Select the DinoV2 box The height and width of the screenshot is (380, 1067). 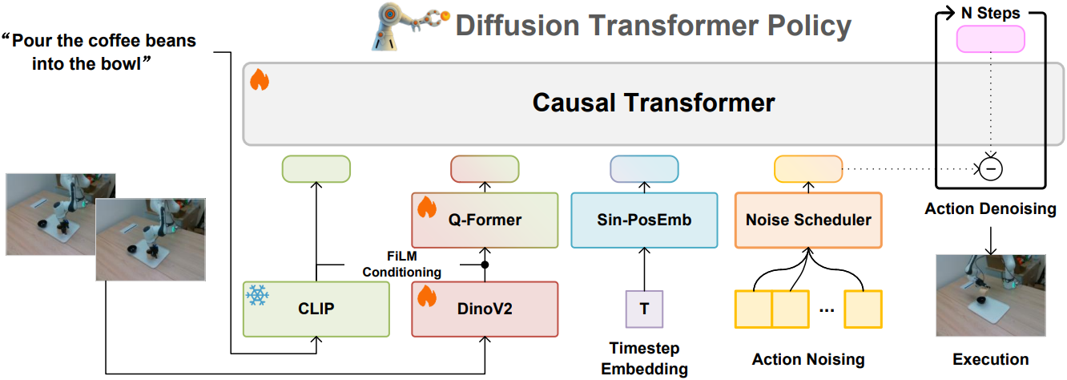point(484,309)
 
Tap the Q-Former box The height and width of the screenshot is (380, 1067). point(484,220)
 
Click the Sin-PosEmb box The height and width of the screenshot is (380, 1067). point(644,220)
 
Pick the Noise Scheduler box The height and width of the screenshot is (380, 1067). point(807,220)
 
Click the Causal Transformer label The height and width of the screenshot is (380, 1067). point(654,103)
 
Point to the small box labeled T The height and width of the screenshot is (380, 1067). point(644,309)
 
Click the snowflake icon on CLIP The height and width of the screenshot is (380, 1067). point(257,296)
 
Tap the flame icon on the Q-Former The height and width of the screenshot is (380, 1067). point(426,208)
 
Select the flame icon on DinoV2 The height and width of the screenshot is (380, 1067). point(426,297)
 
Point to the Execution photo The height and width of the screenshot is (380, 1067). point(990,296)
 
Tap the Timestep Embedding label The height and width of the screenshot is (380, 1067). point(644,359)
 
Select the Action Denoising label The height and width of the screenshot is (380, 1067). point(990,209)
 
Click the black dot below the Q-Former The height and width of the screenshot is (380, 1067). point(484,264)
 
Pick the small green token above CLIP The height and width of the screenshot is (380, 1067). point(316,168)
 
